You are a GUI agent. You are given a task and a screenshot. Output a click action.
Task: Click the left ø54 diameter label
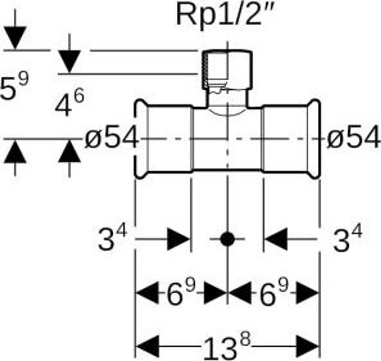[x=111, y=140]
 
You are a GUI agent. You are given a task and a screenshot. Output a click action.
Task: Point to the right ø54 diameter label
[x=353, y=140]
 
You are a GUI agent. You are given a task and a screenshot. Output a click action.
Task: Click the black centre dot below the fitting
[x=227, y=239]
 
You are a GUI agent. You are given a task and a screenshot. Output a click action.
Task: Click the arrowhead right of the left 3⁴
[x=178, y=239]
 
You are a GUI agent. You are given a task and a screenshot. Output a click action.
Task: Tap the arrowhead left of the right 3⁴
[x=276, y=239]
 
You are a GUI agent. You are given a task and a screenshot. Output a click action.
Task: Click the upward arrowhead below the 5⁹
[x=15, y=152]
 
